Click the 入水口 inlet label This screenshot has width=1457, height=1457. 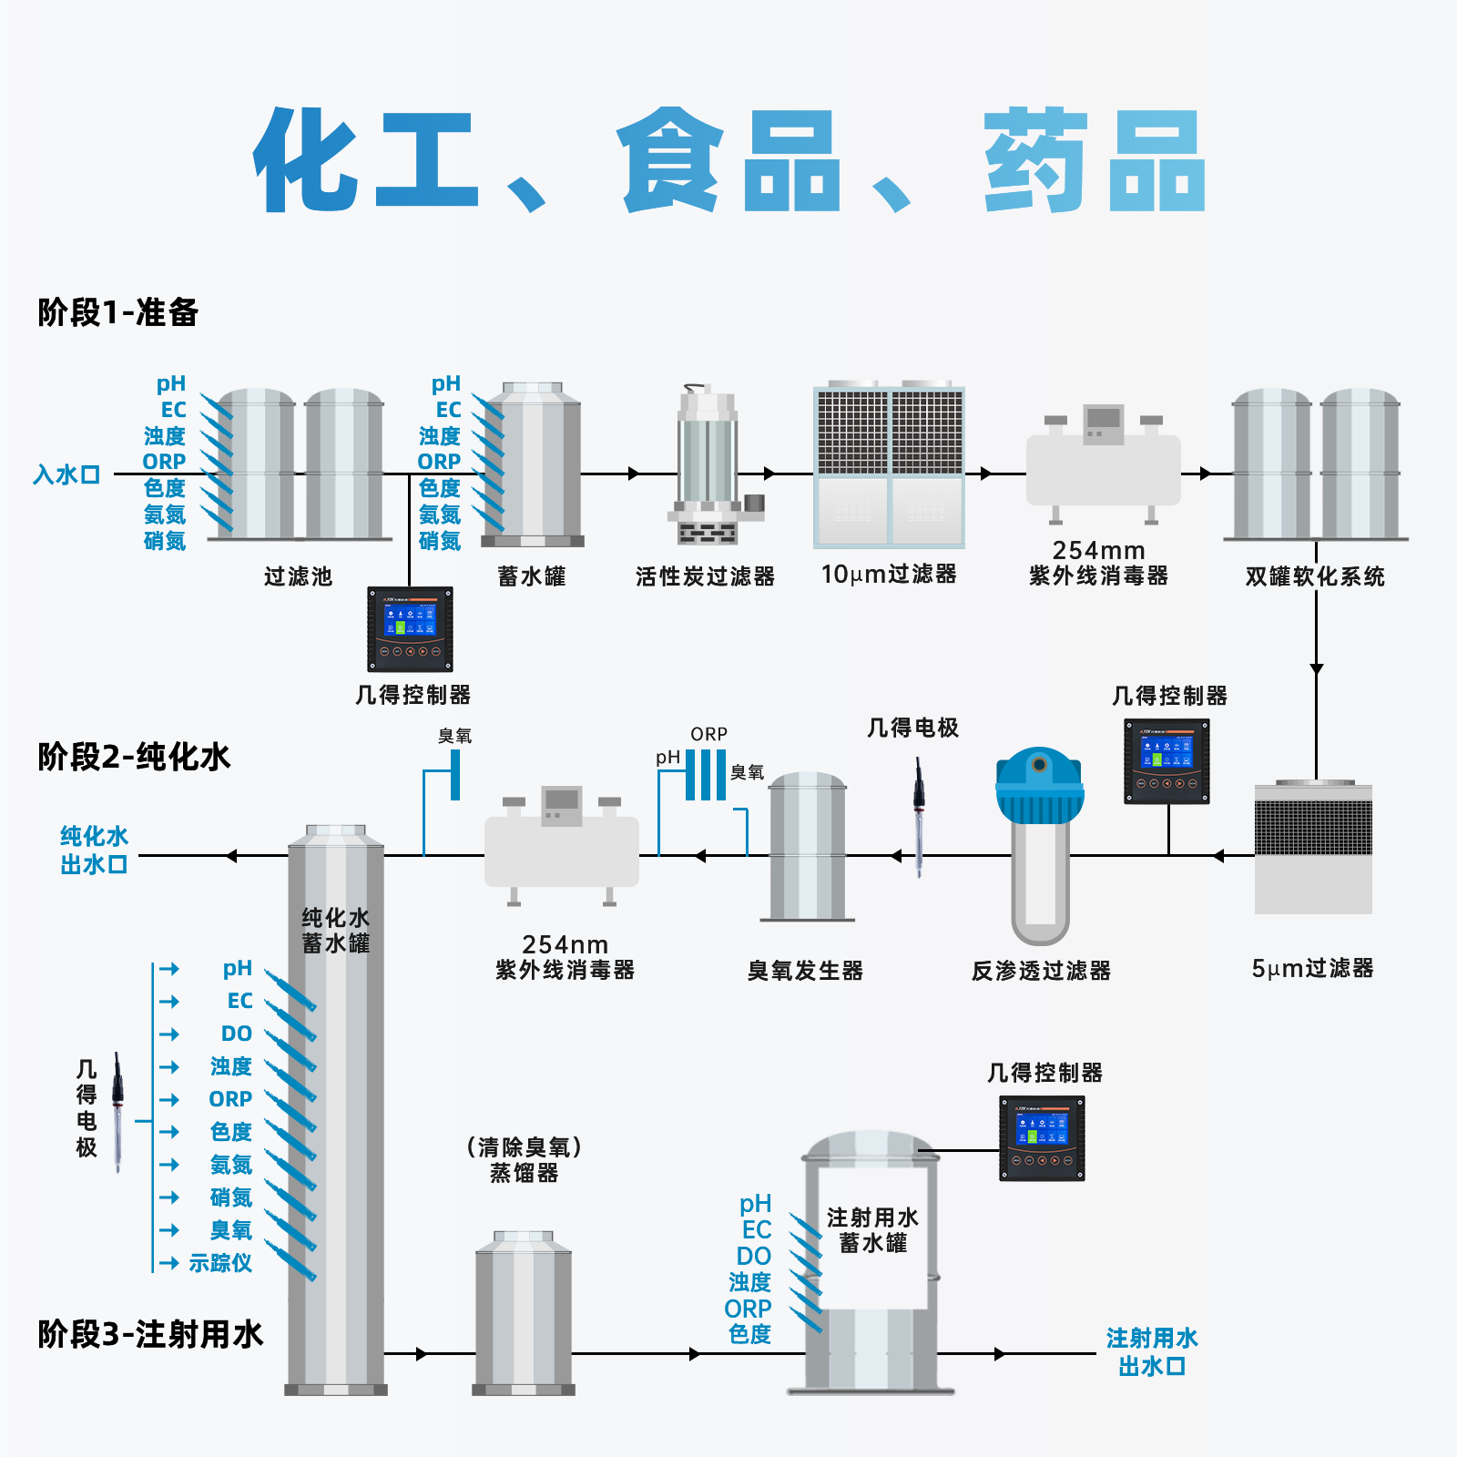66,474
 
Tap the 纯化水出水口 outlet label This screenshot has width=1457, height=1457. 94,850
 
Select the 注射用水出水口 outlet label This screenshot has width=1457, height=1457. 1152,1351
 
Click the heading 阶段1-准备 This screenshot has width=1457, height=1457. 118,312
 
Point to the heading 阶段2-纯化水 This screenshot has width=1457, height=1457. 134,757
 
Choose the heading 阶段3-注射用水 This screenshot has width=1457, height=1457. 150,1334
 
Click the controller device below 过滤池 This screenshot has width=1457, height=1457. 410,629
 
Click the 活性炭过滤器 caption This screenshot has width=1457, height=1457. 705,576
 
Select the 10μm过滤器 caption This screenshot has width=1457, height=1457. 889,575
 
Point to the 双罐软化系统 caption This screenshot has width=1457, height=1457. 1315,576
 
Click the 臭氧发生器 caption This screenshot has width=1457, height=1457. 805,971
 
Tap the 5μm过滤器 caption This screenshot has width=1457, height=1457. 1312,968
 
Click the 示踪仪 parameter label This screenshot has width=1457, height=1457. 220,1263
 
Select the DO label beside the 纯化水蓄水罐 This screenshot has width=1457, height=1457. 237,1034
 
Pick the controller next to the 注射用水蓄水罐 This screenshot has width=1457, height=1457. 1042,1138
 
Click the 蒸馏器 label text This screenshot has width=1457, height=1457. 525,1173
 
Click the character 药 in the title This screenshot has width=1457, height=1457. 1035,161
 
